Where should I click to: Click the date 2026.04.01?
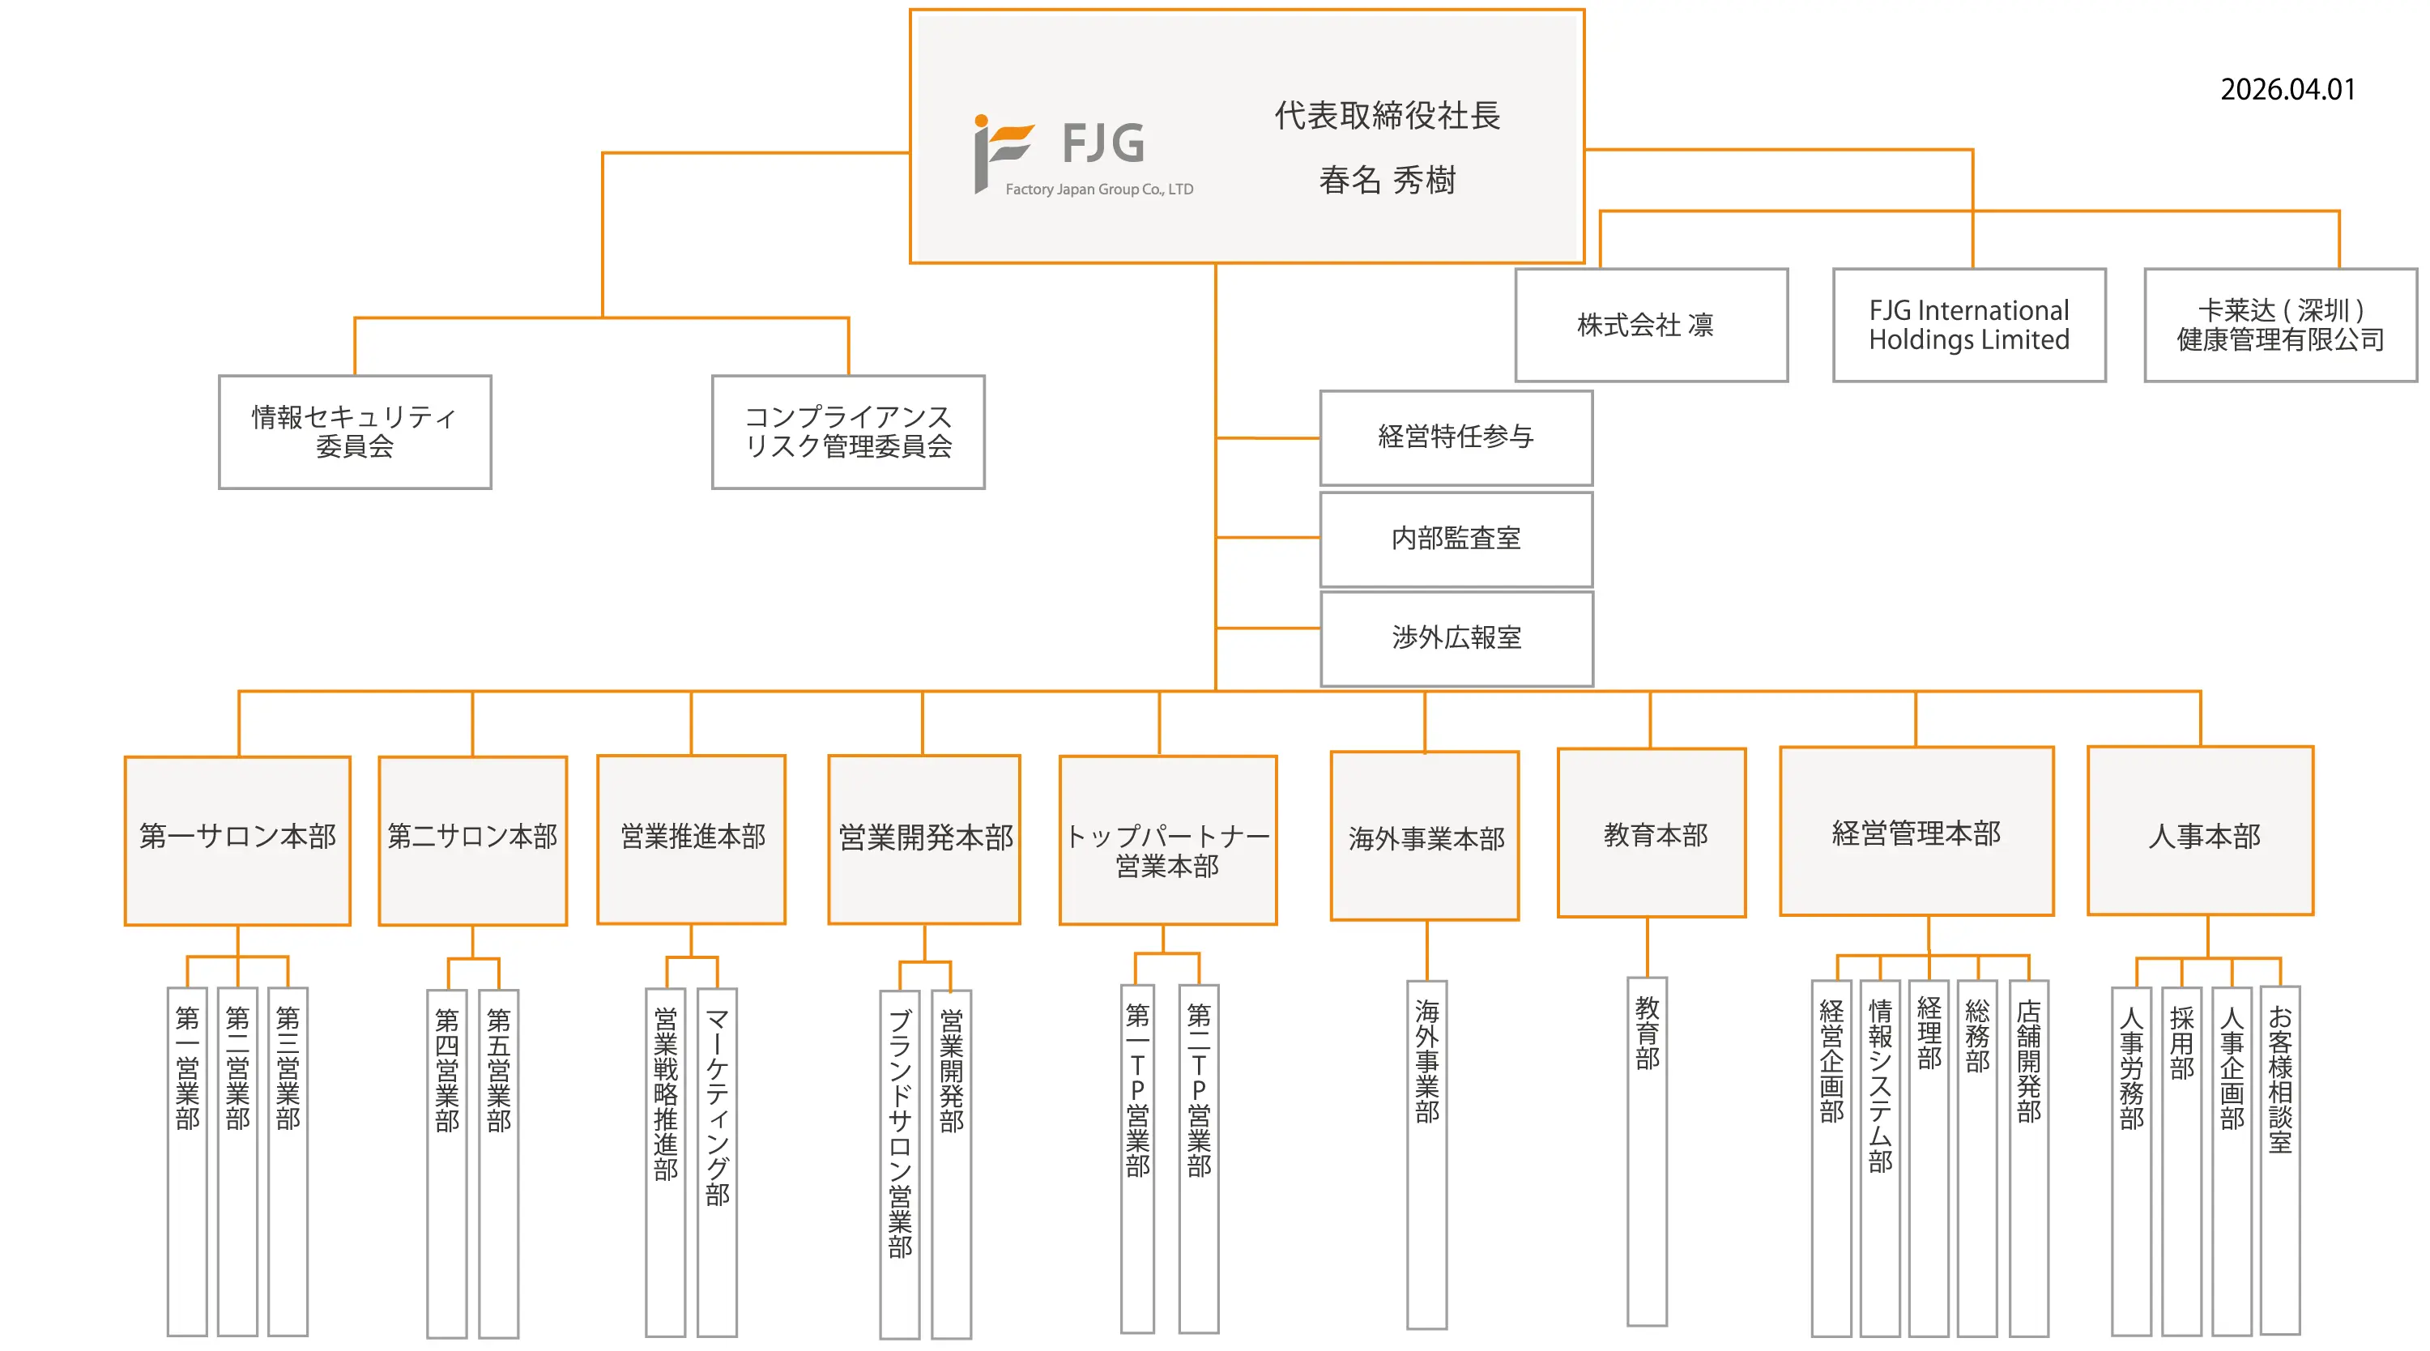[2287, 90]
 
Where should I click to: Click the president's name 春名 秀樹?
[1387, 179]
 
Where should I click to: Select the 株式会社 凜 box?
[1651, 326]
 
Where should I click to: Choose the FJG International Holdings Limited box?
[1969, 326]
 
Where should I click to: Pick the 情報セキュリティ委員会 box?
[355, 432]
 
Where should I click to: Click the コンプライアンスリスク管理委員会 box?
[848, 432]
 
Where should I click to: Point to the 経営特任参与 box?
[1456, 437]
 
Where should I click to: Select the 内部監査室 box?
[1456, 539]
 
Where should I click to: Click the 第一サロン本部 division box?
[237, 840]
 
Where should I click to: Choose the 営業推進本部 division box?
[692, 839]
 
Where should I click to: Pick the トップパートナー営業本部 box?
[1168, 840]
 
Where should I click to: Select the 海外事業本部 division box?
[1425, 836]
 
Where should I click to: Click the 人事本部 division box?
[2200, 831]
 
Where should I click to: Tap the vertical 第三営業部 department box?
[288, 1161]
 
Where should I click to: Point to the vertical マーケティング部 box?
[717, 1161]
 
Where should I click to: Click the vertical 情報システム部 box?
[1880, 1158]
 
